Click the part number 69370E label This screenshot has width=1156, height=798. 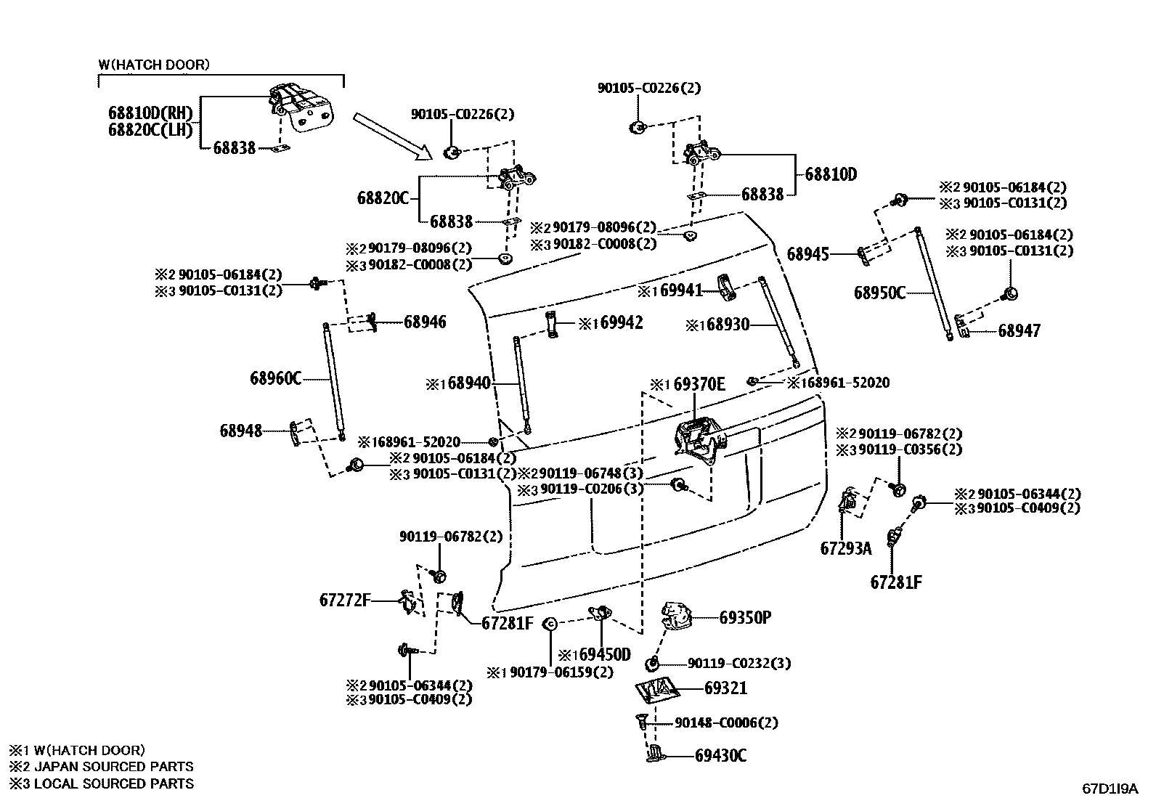coord(699,383)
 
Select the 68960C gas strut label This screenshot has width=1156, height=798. coord(275,378)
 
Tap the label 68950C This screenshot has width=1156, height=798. coord(879,293)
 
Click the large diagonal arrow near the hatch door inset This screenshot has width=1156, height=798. coord(393,135)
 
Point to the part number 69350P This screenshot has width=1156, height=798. coord(745,617)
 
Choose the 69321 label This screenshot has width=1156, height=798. coord(725,688)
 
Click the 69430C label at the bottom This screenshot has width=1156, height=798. coord(720,756)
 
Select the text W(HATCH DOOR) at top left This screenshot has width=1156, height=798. coord(154,65)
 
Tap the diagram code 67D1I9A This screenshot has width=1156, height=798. coord(1110,787)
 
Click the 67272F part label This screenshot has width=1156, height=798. coord(345,600)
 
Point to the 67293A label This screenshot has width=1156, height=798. coord(845,548)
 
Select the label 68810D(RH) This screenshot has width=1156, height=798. coord(150,113)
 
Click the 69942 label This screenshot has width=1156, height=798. coord(622,322)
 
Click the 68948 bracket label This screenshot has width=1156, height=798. coord(241,431)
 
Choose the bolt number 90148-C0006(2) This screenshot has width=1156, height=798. coord(726,722)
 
